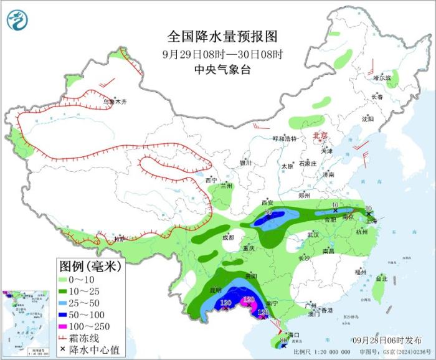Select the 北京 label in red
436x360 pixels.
(319, 136)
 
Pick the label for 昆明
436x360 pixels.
(214, 290)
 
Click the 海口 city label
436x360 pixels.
(294, 334)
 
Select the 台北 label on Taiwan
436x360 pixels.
(379, 280)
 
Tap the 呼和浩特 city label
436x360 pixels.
(285, 138)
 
